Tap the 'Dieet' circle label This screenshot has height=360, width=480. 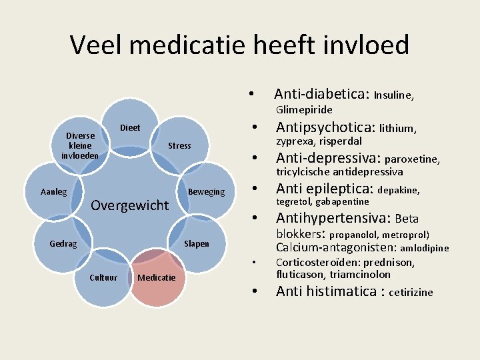[130, 127]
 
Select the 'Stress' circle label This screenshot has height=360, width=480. [179, 145]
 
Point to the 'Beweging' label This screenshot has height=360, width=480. [207, 192]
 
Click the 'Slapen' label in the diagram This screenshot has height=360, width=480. [197, 243]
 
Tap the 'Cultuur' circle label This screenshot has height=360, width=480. [103, 277]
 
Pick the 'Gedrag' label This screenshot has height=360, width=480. [63, 243]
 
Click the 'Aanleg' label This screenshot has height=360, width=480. [53, 192]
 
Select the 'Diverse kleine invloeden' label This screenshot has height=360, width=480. [80, 145]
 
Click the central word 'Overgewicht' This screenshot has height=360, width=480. [130, 205]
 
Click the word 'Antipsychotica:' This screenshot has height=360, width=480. [325, 127]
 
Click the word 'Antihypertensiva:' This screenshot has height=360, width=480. [333, 218]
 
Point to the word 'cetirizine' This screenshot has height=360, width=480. [411, 292]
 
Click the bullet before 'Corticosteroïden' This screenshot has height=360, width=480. [254, 263]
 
